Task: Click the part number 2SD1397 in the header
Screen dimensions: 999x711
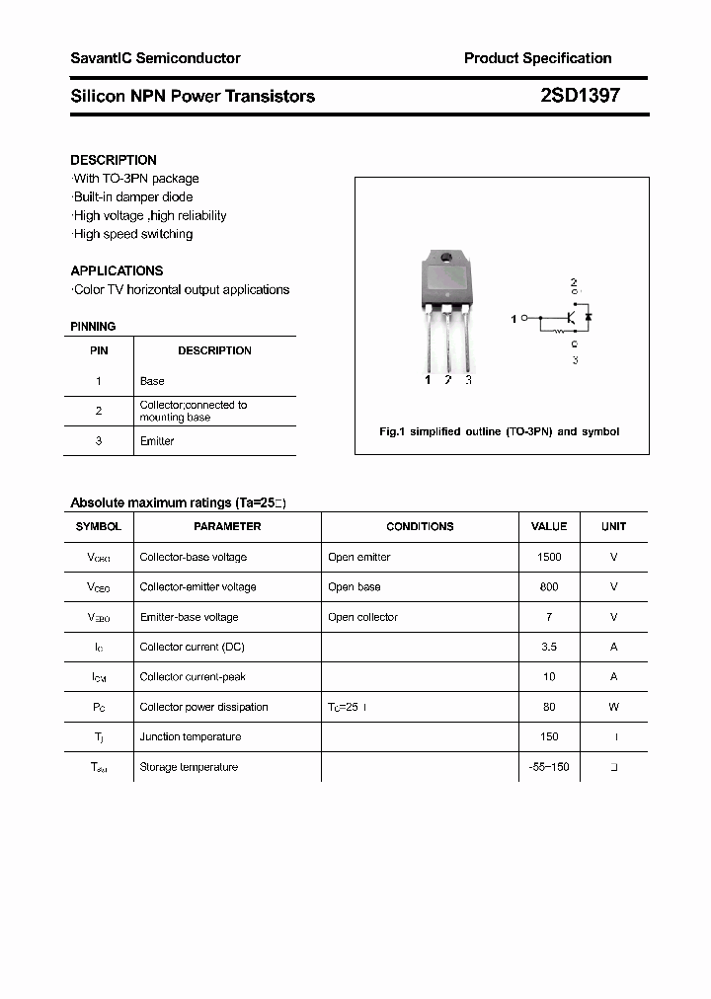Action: pyautogui.click(x=580, y=96)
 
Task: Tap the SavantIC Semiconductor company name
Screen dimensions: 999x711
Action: pyautogui.click(x=155, y=58)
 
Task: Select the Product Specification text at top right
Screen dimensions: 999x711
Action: pyautogui.click(x=537, y=58)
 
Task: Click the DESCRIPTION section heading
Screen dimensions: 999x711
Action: pyautogui.click(x=114, y=160)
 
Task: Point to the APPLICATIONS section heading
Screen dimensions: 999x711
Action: pyautogui.click(x=117, y=270)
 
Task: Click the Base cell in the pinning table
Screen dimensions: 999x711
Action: pyautogui.click(x=152, y=381)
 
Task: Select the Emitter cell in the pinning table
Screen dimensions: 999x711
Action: pyautogui.click(x=157, y=441)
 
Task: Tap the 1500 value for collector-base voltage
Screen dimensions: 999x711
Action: pyautogui.click(x=549, y=557)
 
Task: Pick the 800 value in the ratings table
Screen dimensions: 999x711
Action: pyautogui.click(x=549, y=586)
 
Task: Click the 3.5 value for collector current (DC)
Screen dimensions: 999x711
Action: pyautogui.click(x=549, y=647)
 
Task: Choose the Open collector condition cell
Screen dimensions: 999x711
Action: pyautogui.click(x=362, y=617)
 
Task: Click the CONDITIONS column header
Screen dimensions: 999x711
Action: pyautogui.click(x=420, y=526)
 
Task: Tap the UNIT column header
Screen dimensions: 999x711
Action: pyautogui.click(x=613, y=526)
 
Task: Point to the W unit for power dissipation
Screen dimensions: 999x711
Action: pyautogui.click(x=613, y=707)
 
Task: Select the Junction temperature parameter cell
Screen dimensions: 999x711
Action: pyautogui.click(x=191, y=736)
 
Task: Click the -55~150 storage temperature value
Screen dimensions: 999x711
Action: pyautogui.click(x=549, y=767)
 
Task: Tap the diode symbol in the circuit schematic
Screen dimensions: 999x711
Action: pyautogui.click(x=589, y=318)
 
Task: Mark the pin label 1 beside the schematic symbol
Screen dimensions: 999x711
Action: pyautogui.click(x=513, y=319)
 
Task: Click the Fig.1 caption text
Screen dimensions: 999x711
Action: pyautogui.click(x=500, y=432)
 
